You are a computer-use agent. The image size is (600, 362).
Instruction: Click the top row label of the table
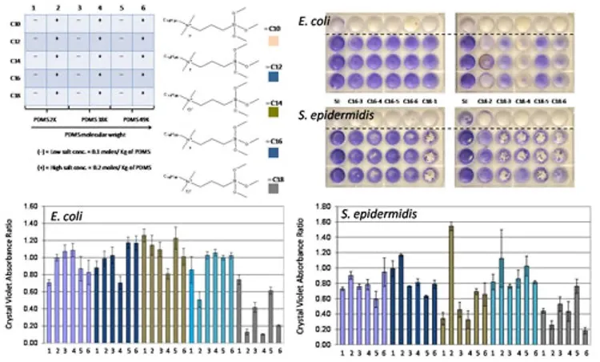point(14,24)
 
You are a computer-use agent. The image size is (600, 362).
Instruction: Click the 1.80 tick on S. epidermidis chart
point(323,206)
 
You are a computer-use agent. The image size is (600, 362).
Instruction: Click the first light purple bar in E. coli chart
point(50,312)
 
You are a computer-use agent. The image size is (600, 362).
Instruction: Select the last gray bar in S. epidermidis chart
point(586,336)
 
